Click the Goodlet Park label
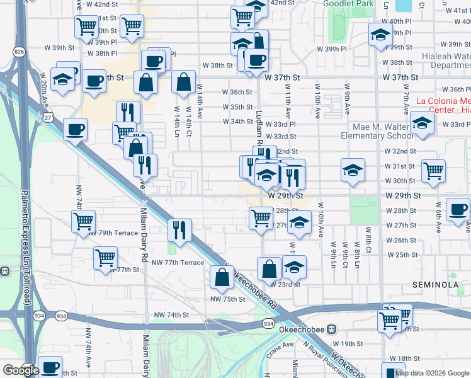pos(348,4)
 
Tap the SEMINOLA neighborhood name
pos(435,285)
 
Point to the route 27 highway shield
pos(48,117)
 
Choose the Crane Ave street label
pos(280,345)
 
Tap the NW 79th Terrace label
pos(113,233)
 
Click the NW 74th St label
pos(169,314)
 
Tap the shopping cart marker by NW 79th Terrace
pos(84,222)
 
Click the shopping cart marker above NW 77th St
pos(105,257)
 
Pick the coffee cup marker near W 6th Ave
pos(458,209)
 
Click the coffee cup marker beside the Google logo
pos(50,367)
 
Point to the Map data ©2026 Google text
pos(432,373)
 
